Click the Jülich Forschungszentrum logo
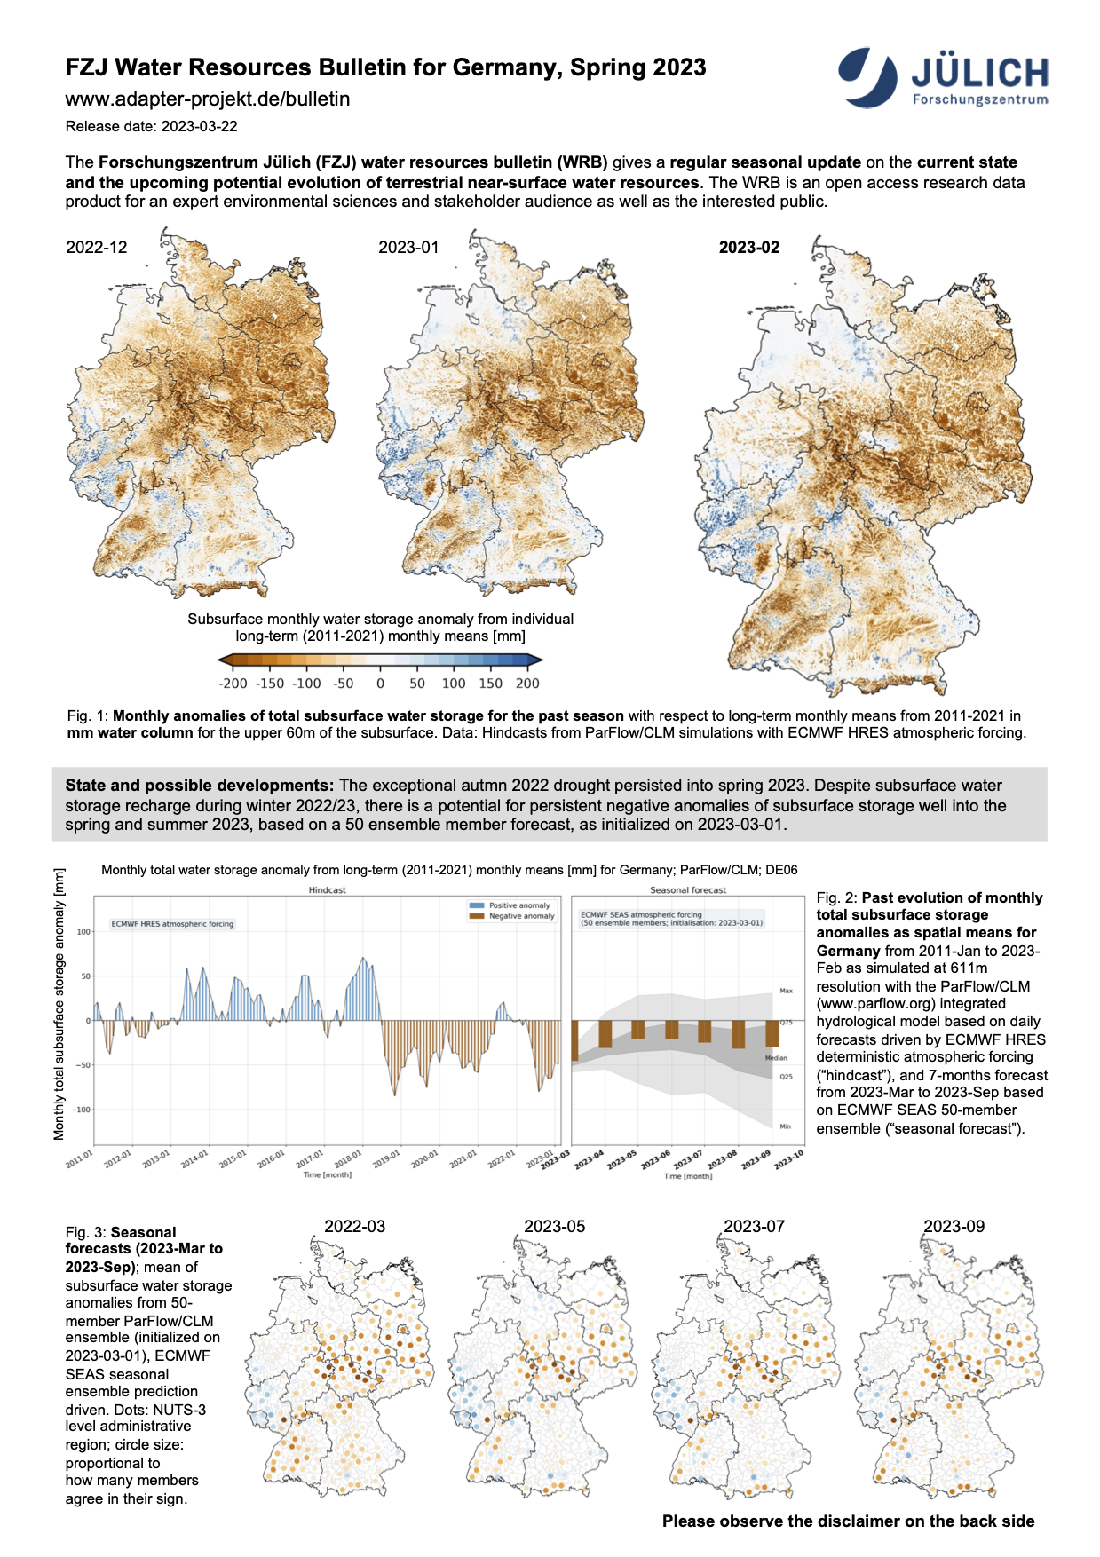click(x=942, y=78)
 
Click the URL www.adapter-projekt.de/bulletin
click(x=208, y=99)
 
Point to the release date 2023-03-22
click(x=152, y=126)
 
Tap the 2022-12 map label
click(x=97, y=248)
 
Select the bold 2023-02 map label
click(x=748, y=248)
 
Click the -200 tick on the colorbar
click(x=233, y=684)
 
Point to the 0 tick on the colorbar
click(x=380, y=684)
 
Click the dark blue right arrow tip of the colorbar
click(x=536, y=660)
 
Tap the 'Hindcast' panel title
click(x=327, y=889)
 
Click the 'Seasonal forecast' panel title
click(x=688, y=889)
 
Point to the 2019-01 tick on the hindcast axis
click(x=386, y=1160)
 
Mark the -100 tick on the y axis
click(x=83, y=1110)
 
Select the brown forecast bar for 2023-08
click(x=738, y=1035)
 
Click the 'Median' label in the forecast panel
click(x=776, y=1058)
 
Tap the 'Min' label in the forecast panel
click(x=785, y=1126)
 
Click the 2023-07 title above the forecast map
click(x=754, y=1227)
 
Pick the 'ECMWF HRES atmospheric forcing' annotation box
click(x=172, y=924)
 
